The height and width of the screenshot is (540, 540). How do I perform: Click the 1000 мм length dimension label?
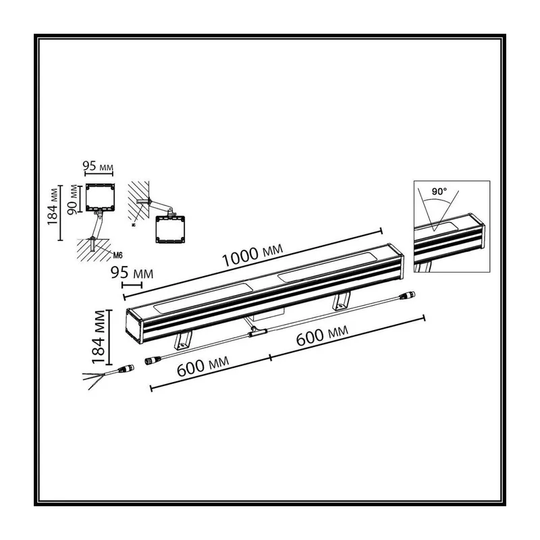[252, 255]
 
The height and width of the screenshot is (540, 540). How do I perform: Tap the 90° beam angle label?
[439, 192]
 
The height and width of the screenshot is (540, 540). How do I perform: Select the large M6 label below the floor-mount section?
[117, 255]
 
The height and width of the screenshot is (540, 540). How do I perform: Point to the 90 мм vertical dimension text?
[73, 199]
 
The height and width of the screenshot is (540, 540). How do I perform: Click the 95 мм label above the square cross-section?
[98, 166]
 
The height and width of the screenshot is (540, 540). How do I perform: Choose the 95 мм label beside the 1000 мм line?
[132, 273]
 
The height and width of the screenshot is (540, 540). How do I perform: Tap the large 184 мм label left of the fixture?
[99, 337]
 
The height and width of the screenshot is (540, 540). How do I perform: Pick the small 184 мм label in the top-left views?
[53, 207]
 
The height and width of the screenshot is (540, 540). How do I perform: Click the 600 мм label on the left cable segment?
[203, 366]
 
